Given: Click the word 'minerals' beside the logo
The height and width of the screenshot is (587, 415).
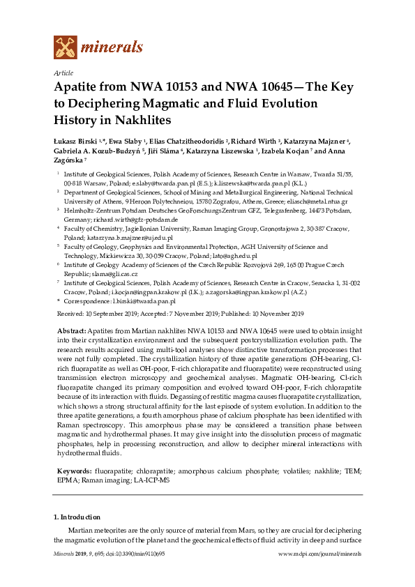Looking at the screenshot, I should [112, 47].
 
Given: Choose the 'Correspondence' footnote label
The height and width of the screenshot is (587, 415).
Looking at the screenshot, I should [86, 302].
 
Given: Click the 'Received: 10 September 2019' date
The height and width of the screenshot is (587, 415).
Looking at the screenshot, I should [98, 314].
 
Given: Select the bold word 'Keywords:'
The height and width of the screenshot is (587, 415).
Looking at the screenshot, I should [73, 452].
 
